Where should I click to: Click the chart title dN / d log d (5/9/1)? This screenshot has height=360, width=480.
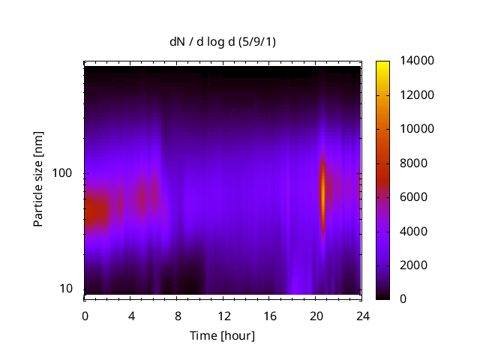tap(223, 42)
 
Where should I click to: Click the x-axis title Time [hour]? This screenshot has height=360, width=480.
tap(222, 335)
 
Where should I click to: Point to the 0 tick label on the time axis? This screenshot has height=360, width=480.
tap(85, 315)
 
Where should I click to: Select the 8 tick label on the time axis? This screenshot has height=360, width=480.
tap(177, 315)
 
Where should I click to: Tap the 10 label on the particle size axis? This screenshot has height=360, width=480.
tap(68, 289)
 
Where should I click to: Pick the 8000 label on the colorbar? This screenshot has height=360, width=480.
tap(410, 163)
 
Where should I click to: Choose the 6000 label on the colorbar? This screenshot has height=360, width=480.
tap(410, 197)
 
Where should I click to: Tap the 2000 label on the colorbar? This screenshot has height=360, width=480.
tap(410, 265)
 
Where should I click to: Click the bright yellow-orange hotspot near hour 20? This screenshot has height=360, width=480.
tap(323, 193)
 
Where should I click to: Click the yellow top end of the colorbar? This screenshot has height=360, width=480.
tap(382, 64)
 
